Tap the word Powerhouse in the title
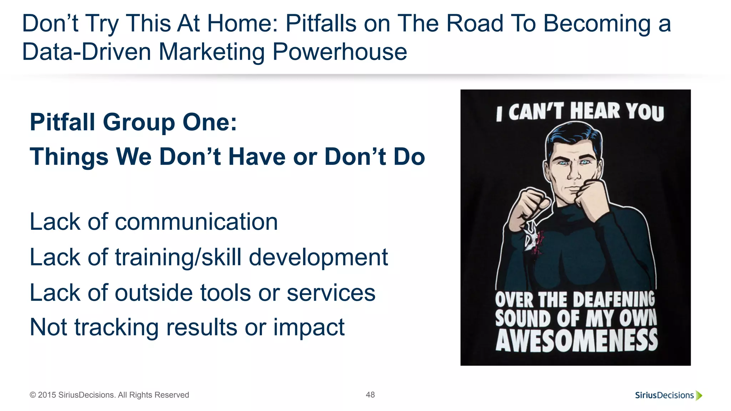pyautogui.click(x=339, y=52)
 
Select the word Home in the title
pyautogui.click(x=242, y=24)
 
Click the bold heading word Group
pyautogui.click(x=139, y=122)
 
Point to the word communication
pyautogui.click(x=196, y=222)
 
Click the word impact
pyautogui.click(x=309, y=328)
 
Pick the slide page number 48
pyautogui.click(x=370, y=395)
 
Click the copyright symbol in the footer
pyautogui.click(x=32, y=395)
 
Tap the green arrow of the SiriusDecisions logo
pyautogui.click(x=699, y=395)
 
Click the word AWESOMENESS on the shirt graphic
pyautogui.click(x=576, y=341)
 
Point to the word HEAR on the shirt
pyautogui.click(x=595, y=111)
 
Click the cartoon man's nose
pyautogui.click(x=574, y=173)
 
